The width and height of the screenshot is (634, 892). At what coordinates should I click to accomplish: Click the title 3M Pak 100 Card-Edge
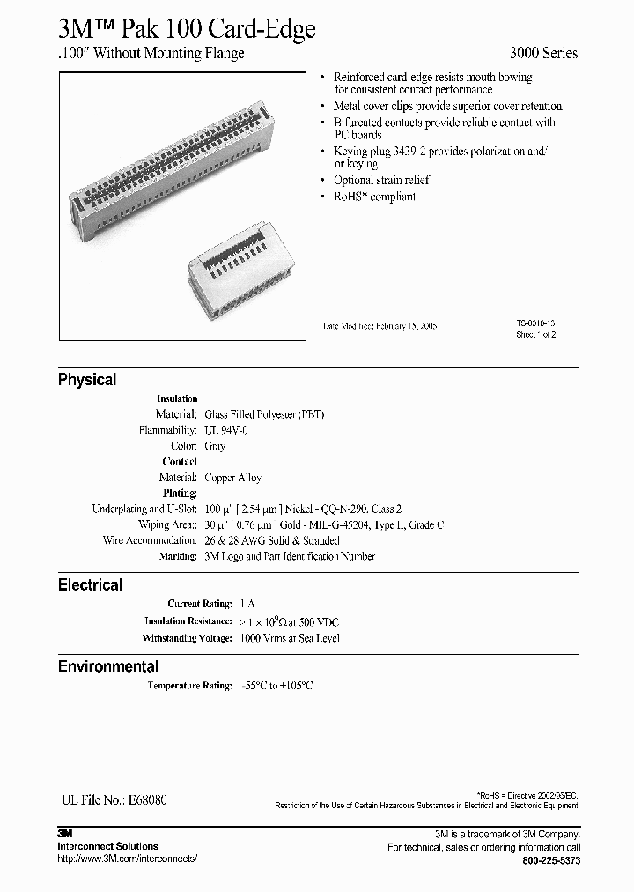186,29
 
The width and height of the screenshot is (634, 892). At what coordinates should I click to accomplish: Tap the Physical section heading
87,380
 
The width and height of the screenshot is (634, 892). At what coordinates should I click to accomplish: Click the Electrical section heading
90,584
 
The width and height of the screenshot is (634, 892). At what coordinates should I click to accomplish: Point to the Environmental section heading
108,666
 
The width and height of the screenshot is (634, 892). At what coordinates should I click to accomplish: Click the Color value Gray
215,446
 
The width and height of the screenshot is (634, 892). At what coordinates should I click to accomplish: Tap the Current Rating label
200,605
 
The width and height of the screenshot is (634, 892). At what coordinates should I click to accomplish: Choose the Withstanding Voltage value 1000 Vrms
289,638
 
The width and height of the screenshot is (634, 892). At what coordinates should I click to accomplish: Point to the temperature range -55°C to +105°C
277,685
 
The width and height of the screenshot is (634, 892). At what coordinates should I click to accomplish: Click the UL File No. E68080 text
113,800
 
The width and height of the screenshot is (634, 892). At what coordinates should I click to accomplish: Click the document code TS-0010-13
536,323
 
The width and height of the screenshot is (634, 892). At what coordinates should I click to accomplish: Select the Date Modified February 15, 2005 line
380,326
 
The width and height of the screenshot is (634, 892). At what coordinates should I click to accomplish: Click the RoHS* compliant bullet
374,197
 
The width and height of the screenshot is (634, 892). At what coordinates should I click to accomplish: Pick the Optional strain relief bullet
381,180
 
